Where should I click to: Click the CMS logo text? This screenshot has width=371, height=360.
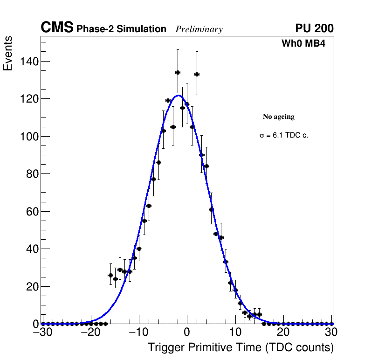coord(57,28)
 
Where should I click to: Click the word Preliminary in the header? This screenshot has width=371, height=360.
coord(199,29)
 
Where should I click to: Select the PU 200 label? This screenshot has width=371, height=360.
coord(314,28)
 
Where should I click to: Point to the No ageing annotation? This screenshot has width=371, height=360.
coord(279,117)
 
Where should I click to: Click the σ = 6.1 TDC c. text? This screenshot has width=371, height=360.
coord(284,135)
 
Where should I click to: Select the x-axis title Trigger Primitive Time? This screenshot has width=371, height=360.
coord(241,347)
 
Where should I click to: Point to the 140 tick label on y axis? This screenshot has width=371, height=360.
coord(29,62)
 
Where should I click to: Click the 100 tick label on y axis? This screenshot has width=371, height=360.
coord(29,137)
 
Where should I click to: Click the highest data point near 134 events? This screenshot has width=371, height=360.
coord(178,72)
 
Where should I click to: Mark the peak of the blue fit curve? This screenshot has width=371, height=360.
coord(178,96)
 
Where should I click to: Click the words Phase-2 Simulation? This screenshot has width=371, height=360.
coord(121,29)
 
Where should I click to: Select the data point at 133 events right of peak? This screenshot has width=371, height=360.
coord(197,74)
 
